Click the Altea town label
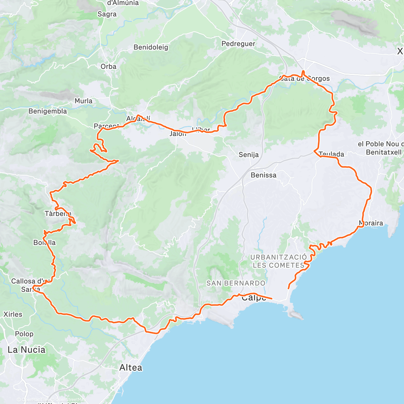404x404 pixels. (x=131, y=368)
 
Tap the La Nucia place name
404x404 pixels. (x=26, y=350)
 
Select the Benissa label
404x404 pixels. (x=264, y=175)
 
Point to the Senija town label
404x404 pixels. (x=248, y=155)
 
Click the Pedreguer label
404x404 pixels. (x=238, y=44)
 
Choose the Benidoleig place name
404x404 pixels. (x=151, y=47)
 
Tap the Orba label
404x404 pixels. (x=108, y=67)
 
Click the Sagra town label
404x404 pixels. (x=107, y=14)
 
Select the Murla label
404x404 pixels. (x=83, y=101)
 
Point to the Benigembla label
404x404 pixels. (x=47, y=111)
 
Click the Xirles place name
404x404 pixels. (x=13, y=314)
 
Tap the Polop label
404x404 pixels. (x=24, y=334)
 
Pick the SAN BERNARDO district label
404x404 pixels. (x=236, y=283)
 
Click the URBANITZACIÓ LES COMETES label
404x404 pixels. (x=278, y=261)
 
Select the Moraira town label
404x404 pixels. (x=371, y=223)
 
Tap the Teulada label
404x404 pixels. (x=331, y=154)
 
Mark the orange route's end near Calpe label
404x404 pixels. (x=271, y=298)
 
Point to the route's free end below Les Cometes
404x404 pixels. (x=289, y=289)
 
